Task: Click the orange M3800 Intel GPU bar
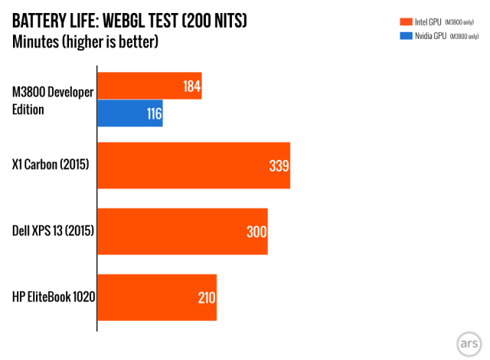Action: click(150, 86)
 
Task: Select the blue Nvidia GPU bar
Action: click(130, 113)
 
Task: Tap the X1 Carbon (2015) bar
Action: click(194, 165)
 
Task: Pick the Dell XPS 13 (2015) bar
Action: click(182, 231)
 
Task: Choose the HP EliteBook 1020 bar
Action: click(157, 297)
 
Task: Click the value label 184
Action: click(191, 87)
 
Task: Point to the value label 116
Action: click(155, 114)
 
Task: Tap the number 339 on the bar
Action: click(279, 165)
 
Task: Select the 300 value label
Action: click(256, 232)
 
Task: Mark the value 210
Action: click(207, 298)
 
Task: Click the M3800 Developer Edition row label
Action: click(53, 100)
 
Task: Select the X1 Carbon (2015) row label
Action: click(51, 165)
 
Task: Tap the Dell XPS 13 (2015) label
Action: click(53, 231)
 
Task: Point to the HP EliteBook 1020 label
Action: click(54, 296)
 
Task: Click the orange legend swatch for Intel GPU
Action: click(406, 21)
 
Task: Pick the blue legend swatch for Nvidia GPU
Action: click(406, 36)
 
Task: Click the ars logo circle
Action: click(469, 344)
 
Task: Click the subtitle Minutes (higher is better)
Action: click(85, 42)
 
